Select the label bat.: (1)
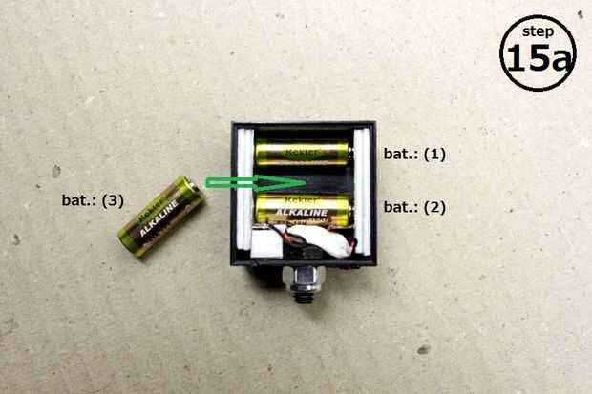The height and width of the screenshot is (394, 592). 414,154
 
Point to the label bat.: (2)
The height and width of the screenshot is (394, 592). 414,207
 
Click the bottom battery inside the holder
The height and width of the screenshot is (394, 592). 303,208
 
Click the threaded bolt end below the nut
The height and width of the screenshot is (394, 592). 307,294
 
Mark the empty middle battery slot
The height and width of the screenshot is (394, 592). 315,181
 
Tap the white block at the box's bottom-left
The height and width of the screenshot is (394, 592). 264,247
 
